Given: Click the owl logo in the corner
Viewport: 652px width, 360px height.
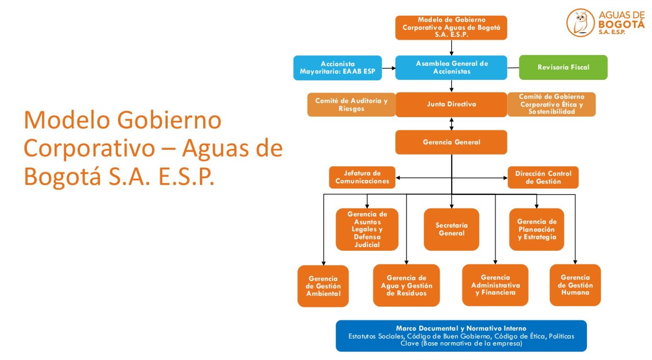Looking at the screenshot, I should click(x=580, y=23).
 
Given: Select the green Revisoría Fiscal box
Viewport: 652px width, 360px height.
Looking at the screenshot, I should click(x=563, y=67).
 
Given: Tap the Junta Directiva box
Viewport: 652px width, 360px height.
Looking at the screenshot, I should click(x=451, y=104).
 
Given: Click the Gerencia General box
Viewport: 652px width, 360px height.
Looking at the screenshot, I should click(x=451, y=142).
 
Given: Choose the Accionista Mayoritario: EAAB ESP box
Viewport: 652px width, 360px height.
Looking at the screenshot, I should click(x=337, y=68).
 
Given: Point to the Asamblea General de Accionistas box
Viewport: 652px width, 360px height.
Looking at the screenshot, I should click(x=451, y=68).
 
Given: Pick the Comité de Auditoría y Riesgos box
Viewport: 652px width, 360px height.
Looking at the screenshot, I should click(x=351, y=105).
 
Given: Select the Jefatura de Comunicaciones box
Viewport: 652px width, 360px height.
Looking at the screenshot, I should click(x=362, y=177).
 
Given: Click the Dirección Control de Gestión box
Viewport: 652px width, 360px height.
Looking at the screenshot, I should click(x=543, y=177).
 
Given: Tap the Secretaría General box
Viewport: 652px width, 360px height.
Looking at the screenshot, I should click(x=451, y=229).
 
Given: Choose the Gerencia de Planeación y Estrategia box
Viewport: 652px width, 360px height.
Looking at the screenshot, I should click(x=537, y=229).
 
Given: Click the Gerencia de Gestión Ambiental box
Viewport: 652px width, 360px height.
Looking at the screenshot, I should click(x=323, y=286).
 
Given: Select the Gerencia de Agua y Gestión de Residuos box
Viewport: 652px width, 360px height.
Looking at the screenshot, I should click(x=406, y=285).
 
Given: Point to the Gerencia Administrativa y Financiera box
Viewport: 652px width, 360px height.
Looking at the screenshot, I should click(x=495, y=285).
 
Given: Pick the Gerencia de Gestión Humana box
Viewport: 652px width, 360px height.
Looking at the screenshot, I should click(x=575, y=285).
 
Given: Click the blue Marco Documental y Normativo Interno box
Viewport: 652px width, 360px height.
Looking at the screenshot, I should click(x=461, y=336).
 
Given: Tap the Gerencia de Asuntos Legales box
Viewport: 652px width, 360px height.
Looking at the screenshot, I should click(x=367, y=229).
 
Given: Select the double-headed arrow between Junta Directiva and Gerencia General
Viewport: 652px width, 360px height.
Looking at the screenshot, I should click(x=451, y=124).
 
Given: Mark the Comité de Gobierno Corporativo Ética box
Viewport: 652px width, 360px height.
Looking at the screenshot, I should click(x=551, y=104).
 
